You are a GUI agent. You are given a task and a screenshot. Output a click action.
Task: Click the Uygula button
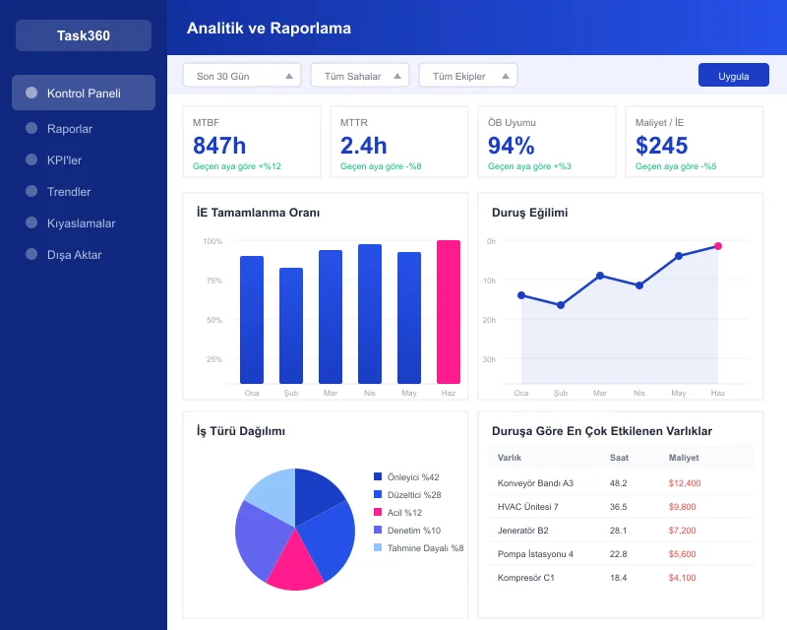click(733, 76)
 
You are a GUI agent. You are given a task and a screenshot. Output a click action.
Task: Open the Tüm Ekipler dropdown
click(467, 76)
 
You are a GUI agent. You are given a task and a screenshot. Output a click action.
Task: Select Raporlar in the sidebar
click(69, 129)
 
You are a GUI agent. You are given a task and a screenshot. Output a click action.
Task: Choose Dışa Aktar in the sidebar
click(74, 255)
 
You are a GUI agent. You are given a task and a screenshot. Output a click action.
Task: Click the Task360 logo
click(84, 36)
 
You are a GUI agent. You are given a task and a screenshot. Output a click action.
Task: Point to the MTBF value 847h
click(219, 146)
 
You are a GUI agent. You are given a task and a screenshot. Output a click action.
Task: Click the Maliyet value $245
click(662, 146)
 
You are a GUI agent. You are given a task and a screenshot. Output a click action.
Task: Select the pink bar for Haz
click(449, 312)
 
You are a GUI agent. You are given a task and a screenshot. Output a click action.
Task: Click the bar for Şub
click(291, 326)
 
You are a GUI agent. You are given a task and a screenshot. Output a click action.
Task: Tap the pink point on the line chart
click(718, 246)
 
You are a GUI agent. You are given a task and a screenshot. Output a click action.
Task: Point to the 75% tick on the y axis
click(213, 281)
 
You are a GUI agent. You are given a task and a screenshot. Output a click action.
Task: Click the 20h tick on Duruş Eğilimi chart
click(489, 320)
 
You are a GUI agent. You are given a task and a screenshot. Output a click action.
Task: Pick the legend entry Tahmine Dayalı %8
click(424, 548)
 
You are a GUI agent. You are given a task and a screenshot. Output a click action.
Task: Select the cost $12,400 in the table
click(684, 483)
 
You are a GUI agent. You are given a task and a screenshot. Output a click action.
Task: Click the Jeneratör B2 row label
click(522, 531)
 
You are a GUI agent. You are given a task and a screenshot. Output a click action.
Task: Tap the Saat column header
click(619, 458)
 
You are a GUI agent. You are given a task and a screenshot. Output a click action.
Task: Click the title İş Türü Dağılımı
click(241, 431)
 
